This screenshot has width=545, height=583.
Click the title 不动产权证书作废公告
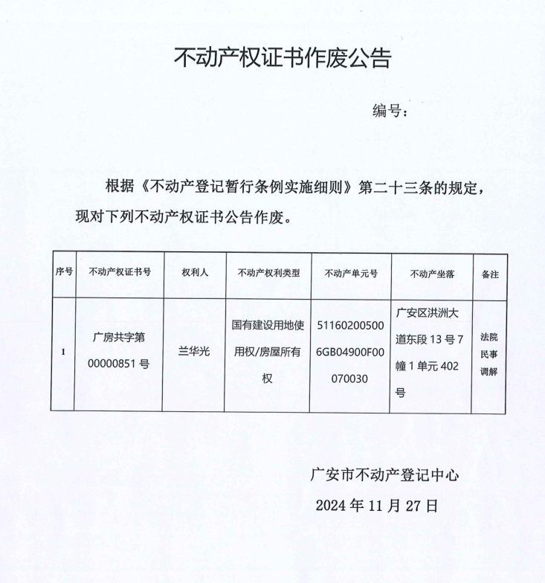point(283,58)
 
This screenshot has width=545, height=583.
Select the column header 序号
point(63,274)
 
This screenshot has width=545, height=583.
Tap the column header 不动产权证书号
point(119,274)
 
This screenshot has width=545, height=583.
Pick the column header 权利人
point(195,274)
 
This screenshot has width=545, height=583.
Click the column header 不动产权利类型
point(268,274)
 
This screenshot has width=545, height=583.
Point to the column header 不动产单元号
point(351,274)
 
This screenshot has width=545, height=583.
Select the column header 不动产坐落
point(431,274)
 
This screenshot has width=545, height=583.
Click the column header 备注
point(490,274)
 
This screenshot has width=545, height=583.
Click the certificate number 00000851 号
point(119,365)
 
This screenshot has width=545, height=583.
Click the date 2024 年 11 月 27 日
point(377,506)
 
